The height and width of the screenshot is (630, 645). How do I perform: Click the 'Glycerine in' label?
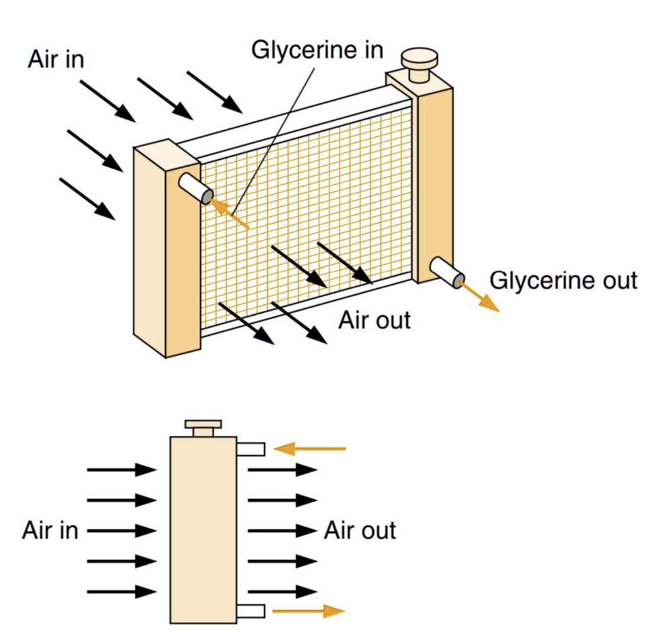pyautogui.click(x=317, y=50)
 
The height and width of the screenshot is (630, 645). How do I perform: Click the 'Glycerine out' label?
pyautogui.click(x=563, y=280)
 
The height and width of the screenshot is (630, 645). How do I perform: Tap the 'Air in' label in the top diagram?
pyautogui.click(x=55, y=59)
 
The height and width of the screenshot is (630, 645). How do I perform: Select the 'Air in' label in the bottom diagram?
pyautogui.click(x=50, y=530)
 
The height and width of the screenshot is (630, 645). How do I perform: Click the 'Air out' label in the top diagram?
pyautogui.click(x=374, y=320)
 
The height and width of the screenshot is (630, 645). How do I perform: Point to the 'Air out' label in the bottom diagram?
pyautogui.click(x=360, y=530)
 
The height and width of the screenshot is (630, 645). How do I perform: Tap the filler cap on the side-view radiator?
pyautogui.click(x=203, y=427)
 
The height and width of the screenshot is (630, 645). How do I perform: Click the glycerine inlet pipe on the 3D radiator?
pyautogui.click(x=195, y=188)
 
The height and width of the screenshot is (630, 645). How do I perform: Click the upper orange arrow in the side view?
pyautogui.click(x=310, y=449)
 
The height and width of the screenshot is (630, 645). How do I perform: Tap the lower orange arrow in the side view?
pyautogui.click(x=308, y=610)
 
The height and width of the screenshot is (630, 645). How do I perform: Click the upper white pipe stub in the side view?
pyautogui.click(x=250, y=449)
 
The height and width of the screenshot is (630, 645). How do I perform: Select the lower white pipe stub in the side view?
pyautogui.click(x=250, y=610)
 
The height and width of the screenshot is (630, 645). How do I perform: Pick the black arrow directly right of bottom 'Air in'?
pyautogui.click(x=122, y=530)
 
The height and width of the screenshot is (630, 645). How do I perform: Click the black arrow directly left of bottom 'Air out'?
pyautogui.click(x=282, y=530)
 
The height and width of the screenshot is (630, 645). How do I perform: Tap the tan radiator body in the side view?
pyautogui.click(x=203, y=529)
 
